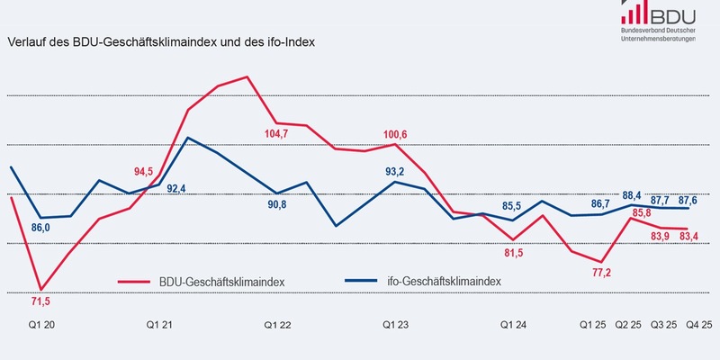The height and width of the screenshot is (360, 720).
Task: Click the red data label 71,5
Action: [x=40, y=299]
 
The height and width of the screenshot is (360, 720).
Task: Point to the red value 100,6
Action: [x=392, y=134]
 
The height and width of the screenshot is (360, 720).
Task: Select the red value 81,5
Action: [x=514, y=253]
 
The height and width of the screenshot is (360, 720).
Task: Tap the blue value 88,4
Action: [x=634, y=195]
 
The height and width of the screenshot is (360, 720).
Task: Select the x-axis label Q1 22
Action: [x=276, y=324]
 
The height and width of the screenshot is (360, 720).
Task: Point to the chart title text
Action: [x=161, y=41]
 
